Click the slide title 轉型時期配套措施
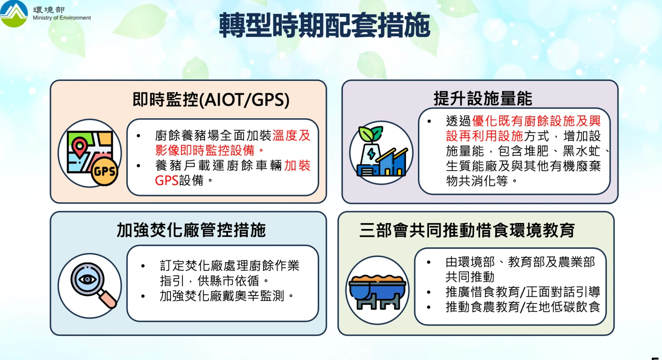coord(324,25)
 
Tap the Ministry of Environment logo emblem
coord(14,14)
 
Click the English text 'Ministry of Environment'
coord(62,18)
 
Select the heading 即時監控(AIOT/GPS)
coord(211,100)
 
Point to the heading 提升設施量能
coord(483,99)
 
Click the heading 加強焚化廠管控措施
coord(191,230)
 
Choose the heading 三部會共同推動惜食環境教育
coord(467,230)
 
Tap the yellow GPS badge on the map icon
coord(104,172)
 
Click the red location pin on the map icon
coord(80,147)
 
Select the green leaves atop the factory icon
coord(371,134)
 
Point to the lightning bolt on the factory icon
coord(371,154)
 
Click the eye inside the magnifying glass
coord(87,280)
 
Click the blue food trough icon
coord(377,291)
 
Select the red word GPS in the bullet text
coord(167,180)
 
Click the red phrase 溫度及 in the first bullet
coord(291,136)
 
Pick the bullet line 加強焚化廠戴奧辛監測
coord(227,296)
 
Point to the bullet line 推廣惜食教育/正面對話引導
coord(523,292)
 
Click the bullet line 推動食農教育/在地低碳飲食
coord(523,307)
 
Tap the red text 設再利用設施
coord(485,136)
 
